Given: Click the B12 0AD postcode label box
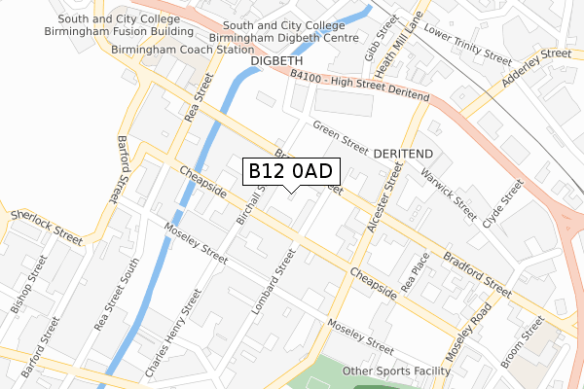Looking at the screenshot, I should coord(291,171).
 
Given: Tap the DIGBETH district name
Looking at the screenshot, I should coord(279,61).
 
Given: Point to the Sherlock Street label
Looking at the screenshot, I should coord(46,225).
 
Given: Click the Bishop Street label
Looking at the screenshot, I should coord(29,283).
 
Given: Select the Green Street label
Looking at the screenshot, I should coord(340,137).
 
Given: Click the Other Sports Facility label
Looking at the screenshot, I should coord(396,371).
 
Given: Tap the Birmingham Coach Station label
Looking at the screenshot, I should coord(175,49).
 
